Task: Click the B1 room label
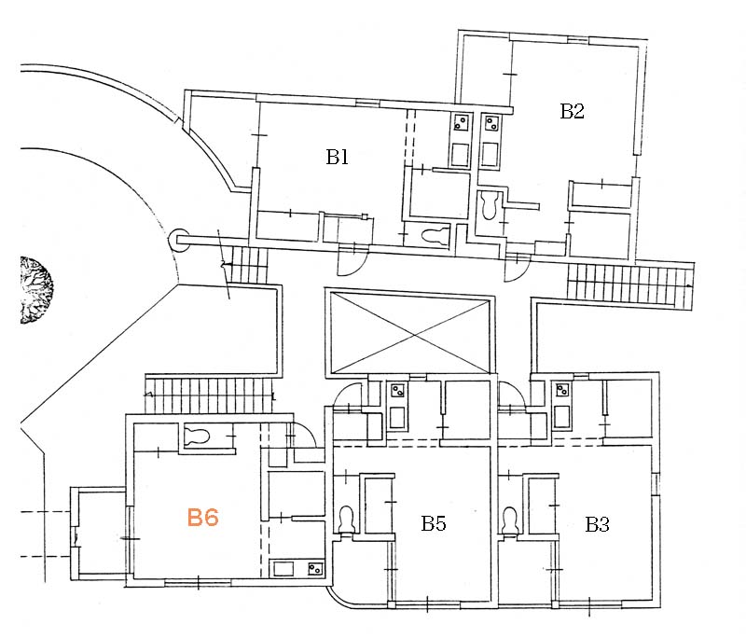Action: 337,158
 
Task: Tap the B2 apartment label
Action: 572,111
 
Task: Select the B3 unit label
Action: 597,524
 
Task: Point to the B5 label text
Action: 433,524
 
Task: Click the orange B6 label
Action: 202,518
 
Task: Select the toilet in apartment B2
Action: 489,204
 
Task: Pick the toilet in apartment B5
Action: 346,520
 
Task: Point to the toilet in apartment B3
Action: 510,520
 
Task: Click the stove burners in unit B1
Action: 461,122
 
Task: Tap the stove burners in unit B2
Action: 490,122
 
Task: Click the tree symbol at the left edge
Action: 35,290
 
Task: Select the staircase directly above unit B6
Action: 212,390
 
